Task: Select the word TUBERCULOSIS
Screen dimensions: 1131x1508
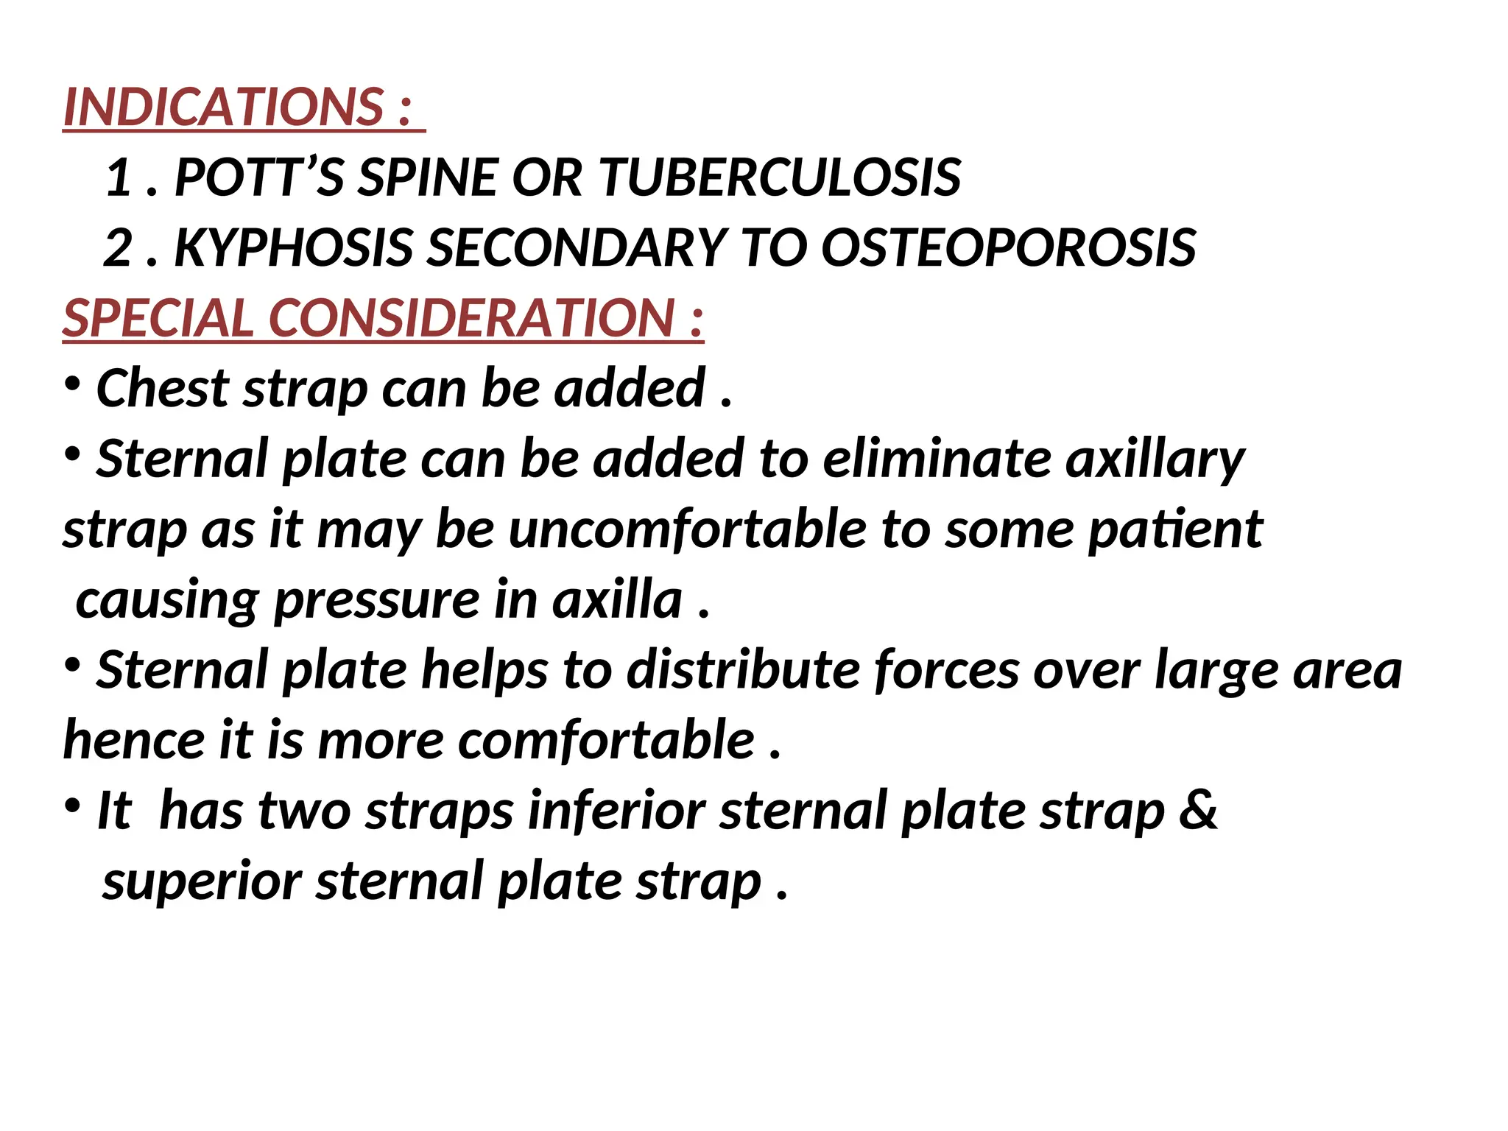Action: click(780, 177)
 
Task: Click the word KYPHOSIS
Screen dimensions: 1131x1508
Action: click(294, 247)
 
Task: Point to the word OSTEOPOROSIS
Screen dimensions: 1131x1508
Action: click(1008, 247)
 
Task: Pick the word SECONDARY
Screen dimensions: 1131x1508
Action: click(577, 247)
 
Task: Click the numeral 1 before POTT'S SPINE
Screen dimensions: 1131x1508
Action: click(119, 177)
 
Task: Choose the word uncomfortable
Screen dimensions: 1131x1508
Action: click(688, 529)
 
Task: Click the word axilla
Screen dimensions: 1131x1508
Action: click(617, 600)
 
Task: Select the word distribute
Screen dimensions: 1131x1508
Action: click(743, 670)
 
